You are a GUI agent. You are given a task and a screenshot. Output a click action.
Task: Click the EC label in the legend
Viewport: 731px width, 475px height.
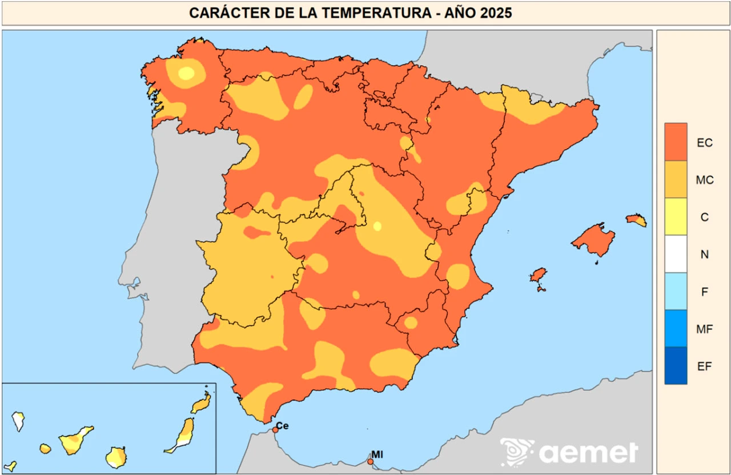(x=704, y=143)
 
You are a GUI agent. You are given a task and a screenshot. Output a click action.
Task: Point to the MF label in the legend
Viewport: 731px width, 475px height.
(x=704, y=329)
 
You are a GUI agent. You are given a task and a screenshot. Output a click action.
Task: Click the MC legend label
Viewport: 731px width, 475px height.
(x=704, y=180)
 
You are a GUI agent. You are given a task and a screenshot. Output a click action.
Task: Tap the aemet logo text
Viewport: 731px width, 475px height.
(x=588, y=453)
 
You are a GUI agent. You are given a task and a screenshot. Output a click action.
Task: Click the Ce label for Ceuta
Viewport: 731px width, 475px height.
(x=282, y=426)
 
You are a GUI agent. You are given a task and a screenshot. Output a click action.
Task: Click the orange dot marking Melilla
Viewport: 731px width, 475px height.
(x=370, y=461)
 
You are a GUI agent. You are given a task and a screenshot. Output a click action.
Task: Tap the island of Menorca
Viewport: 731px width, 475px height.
(x=636, y=219)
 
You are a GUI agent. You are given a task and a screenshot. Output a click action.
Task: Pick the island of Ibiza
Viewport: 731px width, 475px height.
(x=538, y=276)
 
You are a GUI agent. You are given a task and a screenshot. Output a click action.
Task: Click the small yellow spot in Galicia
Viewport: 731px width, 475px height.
(x=186, y=73)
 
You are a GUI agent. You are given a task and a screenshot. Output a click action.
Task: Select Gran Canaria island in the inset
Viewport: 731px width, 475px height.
(x=116, y=457)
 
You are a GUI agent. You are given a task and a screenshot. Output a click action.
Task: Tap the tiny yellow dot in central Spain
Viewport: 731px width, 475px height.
(x=377, y=226)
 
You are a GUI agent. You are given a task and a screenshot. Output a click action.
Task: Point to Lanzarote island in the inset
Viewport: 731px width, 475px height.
(x=201, y=404)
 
